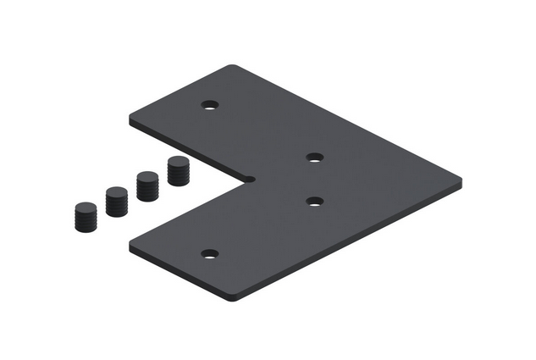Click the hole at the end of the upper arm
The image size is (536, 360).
tap(210, 106)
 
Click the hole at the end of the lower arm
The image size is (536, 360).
tap(210, 253)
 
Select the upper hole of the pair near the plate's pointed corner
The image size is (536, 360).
tap(314, 157)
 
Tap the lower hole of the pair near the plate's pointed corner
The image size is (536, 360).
tap(314, 202)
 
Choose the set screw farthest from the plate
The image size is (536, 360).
tap(85, 217)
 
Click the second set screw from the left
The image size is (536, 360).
tap(116, 202)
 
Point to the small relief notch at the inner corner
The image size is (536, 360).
tap(251, 178)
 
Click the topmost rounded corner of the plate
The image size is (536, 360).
tap(236, 67)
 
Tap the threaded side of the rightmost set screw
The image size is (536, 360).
tap(179, 176)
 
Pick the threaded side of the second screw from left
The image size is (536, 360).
tap(116, 207)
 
